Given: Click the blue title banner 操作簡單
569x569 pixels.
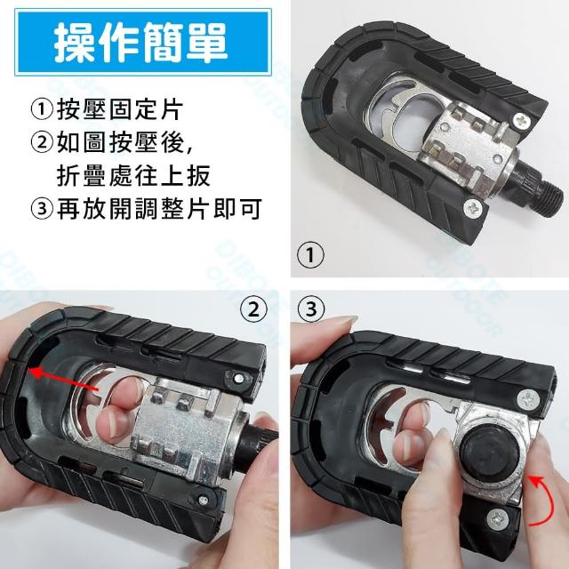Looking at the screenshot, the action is [143, 43].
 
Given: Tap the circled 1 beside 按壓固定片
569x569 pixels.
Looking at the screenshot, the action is [42, 109].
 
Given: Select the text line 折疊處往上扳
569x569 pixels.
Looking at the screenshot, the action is [133, 176].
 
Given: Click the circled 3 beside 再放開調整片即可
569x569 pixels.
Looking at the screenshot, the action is [42, 209].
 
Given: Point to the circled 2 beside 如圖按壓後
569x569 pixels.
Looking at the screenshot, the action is [42, 142].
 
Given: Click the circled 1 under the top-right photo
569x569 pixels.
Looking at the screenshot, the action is [310, 255].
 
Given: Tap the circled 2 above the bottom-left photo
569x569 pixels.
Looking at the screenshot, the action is [253, 309].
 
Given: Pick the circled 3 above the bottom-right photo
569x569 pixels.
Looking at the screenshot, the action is [311, 309].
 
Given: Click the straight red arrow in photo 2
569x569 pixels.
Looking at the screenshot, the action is [64, 380].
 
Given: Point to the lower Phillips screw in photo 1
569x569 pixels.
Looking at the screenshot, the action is [475, 208].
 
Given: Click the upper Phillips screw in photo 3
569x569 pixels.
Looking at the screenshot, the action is [529, 401].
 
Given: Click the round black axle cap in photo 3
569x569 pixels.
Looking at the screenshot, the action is [485, 452].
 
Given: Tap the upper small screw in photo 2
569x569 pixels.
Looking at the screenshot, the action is [239, 379].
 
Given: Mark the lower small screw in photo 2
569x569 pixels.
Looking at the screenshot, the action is [204, 501].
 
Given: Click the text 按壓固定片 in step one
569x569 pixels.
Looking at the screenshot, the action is [120, 109].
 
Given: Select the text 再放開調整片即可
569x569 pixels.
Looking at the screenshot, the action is [159, 209].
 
